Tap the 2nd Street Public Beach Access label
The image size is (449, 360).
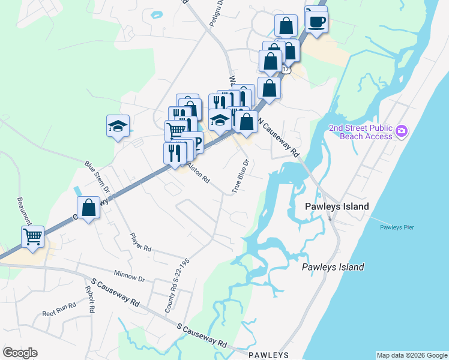click(x=360, y=132)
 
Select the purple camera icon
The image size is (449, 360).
click(x=402, y=130)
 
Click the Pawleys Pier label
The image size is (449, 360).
click(x=397, y=227)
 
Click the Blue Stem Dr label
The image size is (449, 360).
click(x=98, y=176)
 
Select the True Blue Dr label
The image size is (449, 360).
click(x=240, y=176)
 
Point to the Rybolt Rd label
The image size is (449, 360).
click(x=91, y=298)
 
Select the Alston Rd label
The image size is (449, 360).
click(x=197, y=173)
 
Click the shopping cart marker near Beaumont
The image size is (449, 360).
click(x=32, y=236)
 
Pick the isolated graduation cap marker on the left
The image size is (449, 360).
click(x=118, y=126)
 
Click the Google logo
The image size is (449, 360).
click(x=20, y=353)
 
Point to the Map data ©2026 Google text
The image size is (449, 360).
click(x=411, y=355)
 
